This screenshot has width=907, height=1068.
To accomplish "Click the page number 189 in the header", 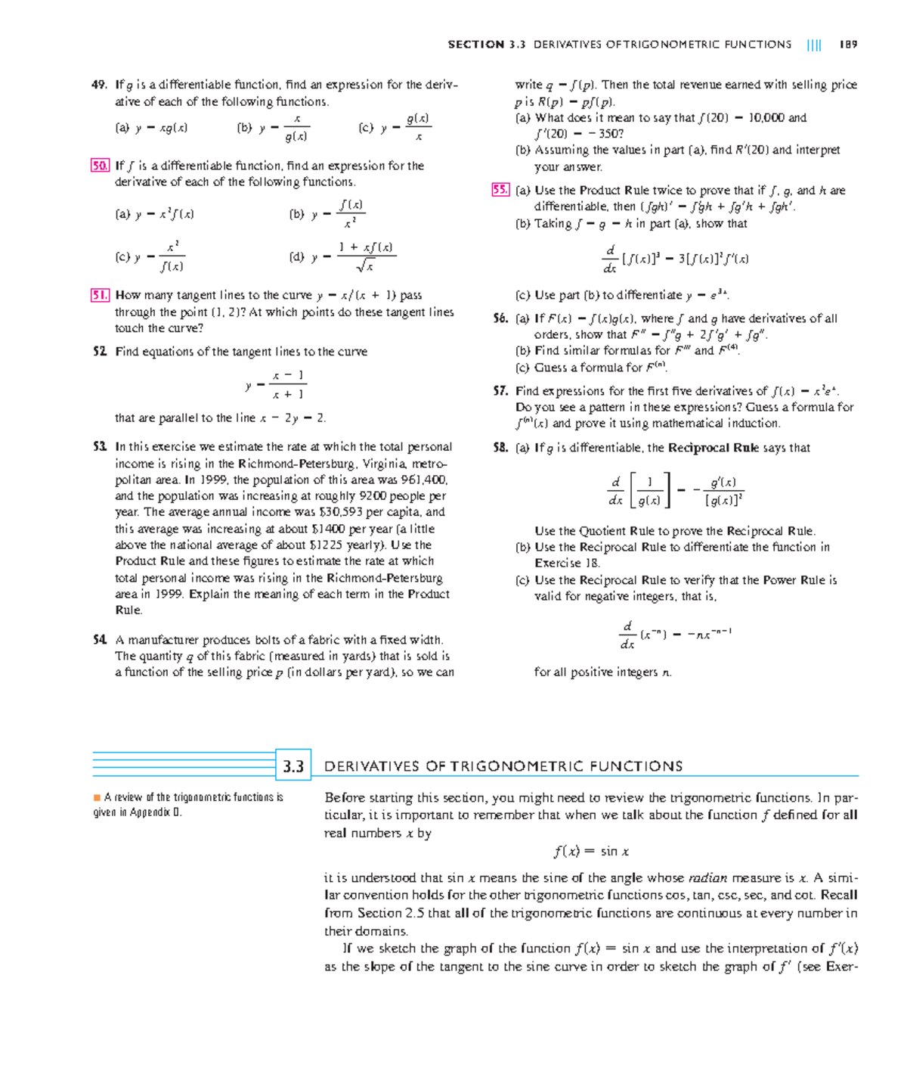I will [848, 45].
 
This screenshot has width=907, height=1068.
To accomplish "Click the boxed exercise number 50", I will [100, 166].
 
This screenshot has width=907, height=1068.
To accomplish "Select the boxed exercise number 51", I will [100, 295].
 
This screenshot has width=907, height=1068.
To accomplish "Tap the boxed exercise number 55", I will [500, 191].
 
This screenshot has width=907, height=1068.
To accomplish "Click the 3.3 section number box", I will [293, 766].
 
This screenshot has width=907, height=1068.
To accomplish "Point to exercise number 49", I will [99, 85].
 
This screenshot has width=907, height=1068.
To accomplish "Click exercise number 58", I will [500, 448].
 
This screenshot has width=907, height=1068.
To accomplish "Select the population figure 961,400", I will [426, 480].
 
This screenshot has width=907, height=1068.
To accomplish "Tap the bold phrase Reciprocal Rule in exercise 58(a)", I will [714, 448].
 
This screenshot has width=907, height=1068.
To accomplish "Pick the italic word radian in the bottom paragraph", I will [707, 878].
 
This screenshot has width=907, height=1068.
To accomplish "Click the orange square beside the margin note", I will [97, 797].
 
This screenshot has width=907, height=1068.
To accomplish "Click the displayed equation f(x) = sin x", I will [591, 852].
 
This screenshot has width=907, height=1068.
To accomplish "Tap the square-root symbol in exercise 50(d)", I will [365, 266].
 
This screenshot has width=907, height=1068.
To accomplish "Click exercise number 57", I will [500, 391].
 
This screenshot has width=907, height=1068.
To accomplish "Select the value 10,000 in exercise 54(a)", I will [766, 118].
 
